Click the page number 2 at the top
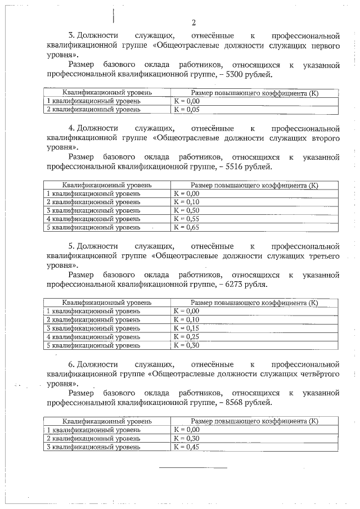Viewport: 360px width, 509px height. [x=193, y=22]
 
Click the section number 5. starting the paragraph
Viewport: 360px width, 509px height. [x=71, y=246]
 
